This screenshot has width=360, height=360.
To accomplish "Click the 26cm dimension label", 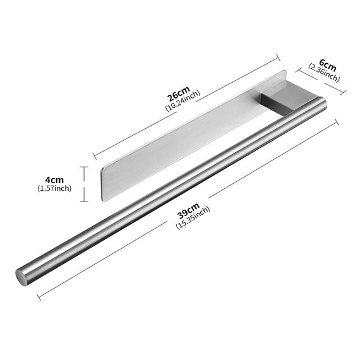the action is pos(178,93).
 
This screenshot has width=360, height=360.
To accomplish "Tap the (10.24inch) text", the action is pos(183,101).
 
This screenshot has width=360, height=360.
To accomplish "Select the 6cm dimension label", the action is pos(327,65).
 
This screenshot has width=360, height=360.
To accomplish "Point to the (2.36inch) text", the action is pos(323,73).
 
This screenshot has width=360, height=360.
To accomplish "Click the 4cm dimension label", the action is pos(54,180).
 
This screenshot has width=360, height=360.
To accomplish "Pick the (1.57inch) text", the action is pos(54,188).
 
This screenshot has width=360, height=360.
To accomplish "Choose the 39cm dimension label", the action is pos(188,211).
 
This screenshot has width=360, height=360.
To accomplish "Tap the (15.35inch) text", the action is pos(193,218).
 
